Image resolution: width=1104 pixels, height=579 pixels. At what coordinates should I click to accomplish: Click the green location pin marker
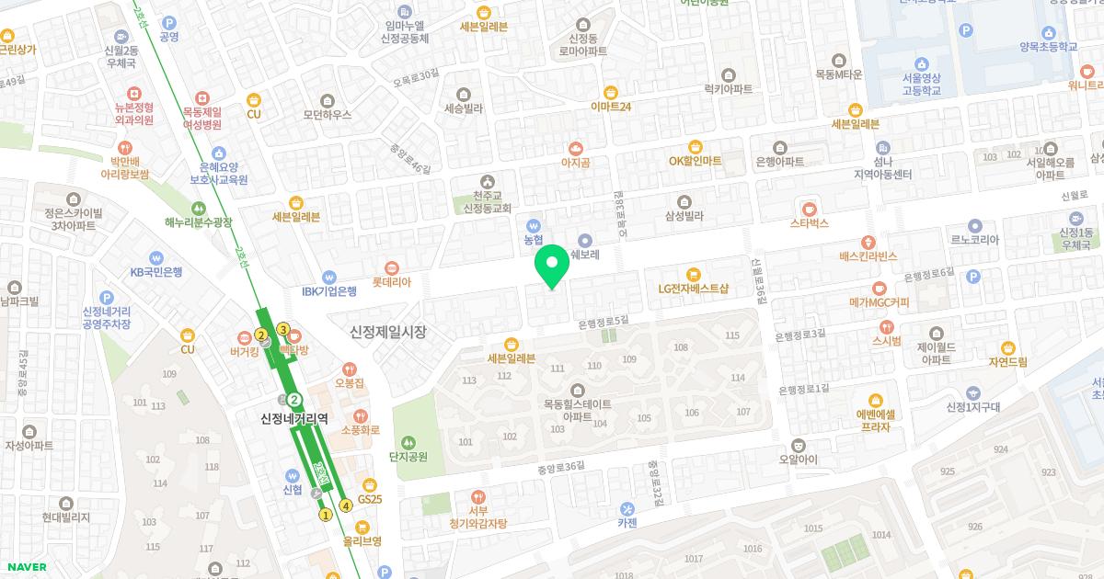click(552, 266)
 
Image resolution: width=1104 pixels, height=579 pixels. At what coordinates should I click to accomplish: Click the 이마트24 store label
click(611, 106)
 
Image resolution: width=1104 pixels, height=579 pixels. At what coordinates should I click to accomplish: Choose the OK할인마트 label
click(695, 161)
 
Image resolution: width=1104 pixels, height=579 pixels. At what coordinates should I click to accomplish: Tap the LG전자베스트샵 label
click(693, 288)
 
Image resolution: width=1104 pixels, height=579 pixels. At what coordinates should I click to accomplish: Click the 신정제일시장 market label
click(388, 331)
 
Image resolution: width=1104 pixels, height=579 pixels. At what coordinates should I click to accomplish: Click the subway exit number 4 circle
click(346, 505)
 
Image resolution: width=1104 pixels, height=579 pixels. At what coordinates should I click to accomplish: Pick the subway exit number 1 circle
click(325, 515)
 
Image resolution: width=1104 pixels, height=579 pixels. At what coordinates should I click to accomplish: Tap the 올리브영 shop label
click(362, 540)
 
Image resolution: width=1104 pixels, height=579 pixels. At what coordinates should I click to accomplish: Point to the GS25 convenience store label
click(369, 498)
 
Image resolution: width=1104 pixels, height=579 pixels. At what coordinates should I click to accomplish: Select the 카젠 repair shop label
click(627, 523)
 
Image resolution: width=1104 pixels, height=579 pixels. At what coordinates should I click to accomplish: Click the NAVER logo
click(25, 567)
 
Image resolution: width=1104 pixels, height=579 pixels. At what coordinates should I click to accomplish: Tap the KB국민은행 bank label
click(155, 271)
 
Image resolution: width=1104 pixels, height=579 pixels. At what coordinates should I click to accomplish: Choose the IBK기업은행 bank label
click(329, 291)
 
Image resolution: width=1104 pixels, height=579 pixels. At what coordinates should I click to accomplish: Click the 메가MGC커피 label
click(879, 301)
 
